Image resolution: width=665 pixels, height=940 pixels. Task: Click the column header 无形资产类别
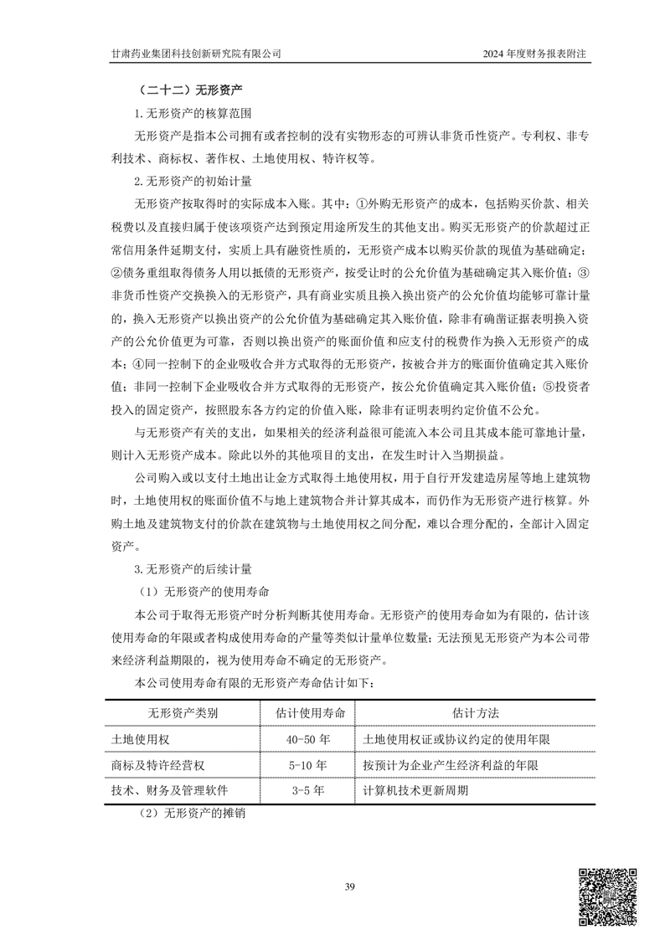[183, 712]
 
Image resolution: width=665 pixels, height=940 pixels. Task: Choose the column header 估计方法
[475, 712]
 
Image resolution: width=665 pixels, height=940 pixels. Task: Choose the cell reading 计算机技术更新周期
[416, 790]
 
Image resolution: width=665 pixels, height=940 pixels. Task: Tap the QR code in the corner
[609, 896]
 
